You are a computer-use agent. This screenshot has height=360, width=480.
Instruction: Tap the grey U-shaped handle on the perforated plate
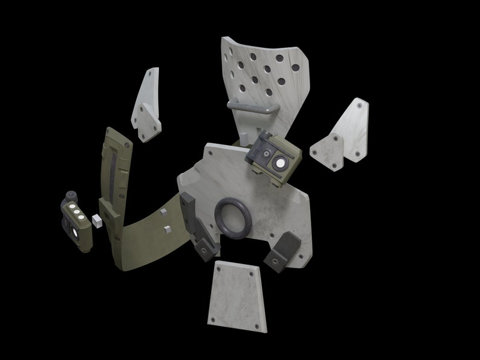253,108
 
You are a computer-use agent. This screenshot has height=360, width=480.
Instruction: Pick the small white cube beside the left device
95,220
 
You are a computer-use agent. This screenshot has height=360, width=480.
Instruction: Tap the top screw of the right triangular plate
360,105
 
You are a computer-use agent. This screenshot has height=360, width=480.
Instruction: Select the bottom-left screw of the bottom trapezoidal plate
212,320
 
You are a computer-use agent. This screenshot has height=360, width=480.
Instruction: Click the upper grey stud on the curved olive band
163,211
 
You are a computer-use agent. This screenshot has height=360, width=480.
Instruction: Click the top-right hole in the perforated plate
280,59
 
